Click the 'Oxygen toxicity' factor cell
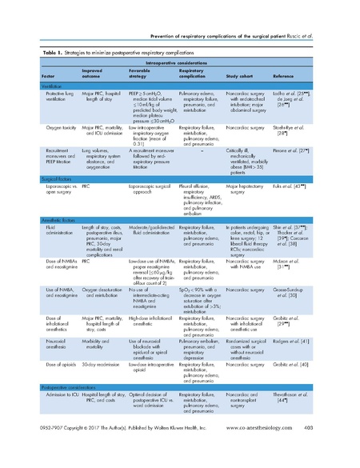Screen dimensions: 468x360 (x=53, y=127)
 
